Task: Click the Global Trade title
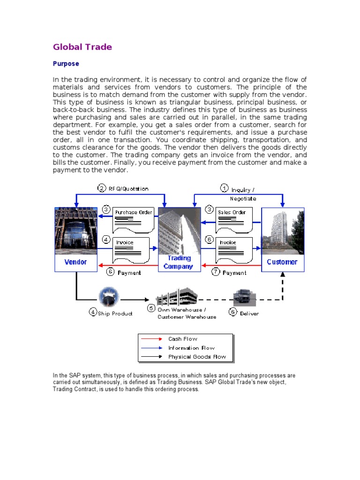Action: (x=82, y=47)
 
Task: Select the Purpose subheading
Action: (x=66, y=63)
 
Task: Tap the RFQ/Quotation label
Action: (x=128, y=189)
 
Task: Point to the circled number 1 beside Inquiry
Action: (x=225, y=188)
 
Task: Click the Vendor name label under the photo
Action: (x=75, y=262)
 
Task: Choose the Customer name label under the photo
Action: (x=282, y=262)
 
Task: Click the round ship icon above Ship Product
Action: (x=109, y=297)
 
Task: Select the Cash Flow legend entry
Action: (x=183, y=339)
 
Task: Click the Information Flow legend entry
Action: (x=191, y=348)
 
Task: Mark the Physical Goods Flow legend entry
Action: (x=197, y=357)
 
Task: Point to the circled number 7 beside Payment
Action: (x=216, y=272)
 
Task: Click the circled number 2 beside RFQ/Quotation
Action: (x=102, y=188)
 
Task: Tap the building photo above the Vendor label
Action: (x=75, y=232)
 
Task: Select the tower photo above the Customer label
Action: (x=282, y=232)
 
